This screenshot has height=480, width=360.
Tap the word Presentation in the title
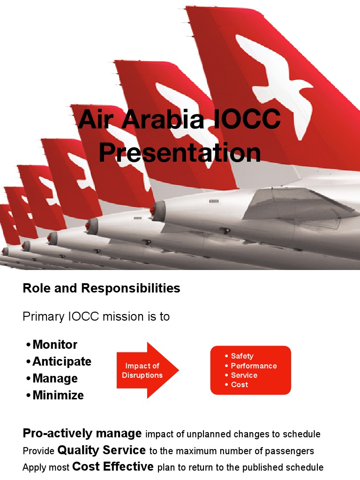tap(180, 153)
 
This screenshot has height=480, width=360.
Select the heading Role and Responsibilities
tap(101, 288)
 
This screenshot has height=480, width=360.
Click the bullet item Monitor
tap(55, 345)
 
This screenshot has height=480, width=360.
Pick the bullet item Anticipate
tap(62, 361)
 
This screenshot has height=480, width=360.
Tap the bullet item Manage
tap(55, 378)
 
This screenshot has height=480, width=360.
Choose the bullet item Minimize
tap(58, 395)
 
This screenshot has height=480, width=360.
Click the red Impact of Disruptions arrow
tap(145, 370)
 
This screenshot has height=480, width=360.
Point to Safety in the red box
tap(242, 356)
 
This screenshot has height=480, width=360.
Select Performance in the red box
tap(254, 366)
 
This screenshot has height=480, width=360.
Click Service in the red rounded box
tap(244, 375)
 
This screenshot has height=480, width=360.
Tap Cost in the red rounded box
tap(240, 384)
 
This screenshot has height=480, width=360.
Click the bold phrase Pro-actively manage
tap(82, 433)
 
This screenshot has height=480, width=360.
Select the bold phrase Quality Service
tap(101, 450)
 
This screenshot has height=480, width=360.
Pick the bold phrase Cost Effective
tap(113, 467)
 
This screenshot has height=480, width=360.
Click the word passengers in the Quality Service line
tap(290, 451)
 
